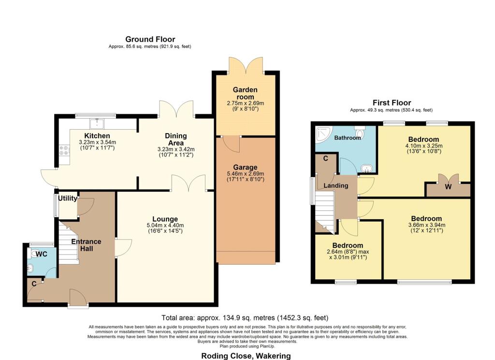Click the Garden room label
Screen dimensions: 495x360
(245, 93)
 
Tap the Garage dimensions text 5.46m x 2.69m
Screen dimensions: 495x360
(246, 174)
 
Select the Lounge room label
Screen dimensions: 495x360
(165, 219)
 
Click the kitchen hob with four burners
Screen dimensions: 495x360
(64, 150)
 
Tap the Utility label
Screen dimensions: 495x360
(68, 198)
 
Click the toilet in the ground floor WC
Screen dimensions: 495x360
(32, 254)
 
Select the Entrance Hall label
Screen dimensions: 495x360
(86, 245)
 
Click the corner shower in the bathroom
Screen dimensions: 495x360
(323, 134)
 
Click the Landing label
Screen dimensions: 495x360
(336, 186)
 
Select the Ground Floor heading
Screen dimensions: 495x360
(150, 39)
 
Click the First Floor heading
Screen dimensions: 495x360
(392, 103)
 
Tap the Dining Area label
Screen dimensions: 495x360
(176, 139)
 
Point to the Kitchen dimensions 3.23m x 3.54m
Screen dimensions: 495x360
(97, 143)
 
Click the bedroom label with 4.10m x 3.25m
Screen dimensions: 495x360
(423, 139)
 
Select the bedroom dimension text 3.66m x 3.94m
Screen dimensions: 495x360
(427, 225)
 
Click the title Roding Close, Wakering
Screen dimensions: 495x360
(246, 356)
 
